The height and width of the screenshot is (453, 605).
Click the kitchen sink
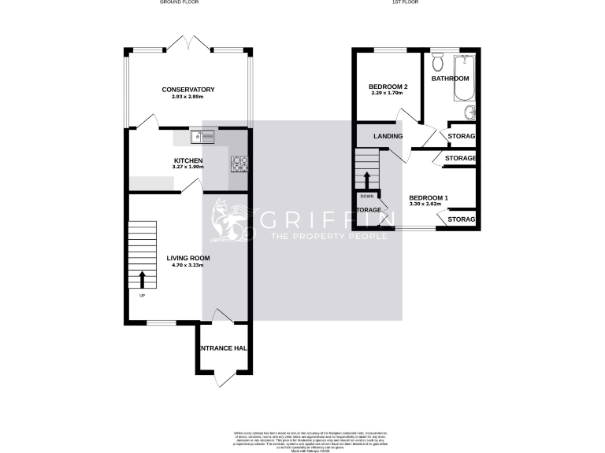click(x=202, y=138)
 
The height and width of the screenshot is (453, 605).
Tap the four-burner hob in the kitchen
click(x=239, y=164)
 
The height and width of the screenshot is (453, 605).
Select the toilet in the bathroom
click(x=440, y=62)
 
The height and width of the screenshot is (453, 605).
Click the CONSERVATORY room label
click(x=188, y=90)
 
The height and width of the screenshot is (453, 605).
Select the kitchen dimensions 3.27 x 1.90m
click(x=188, y=168)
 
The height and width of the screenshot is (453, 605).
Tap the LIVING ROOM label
click(x=188, y=257)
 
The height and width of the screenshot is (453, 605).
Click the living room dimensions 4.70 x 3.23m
click(x=188, y=265)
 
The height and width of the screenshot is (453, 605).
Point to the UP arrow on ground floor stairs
click(x=143, y=280)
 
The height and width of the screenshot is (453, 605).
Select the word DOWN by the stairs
click(x=367, y=196)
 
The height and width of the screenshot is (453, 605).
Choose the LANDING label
click(x=388, y=136)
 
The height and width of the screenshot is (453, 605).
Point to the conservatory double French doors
click(x=188, y=44)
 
